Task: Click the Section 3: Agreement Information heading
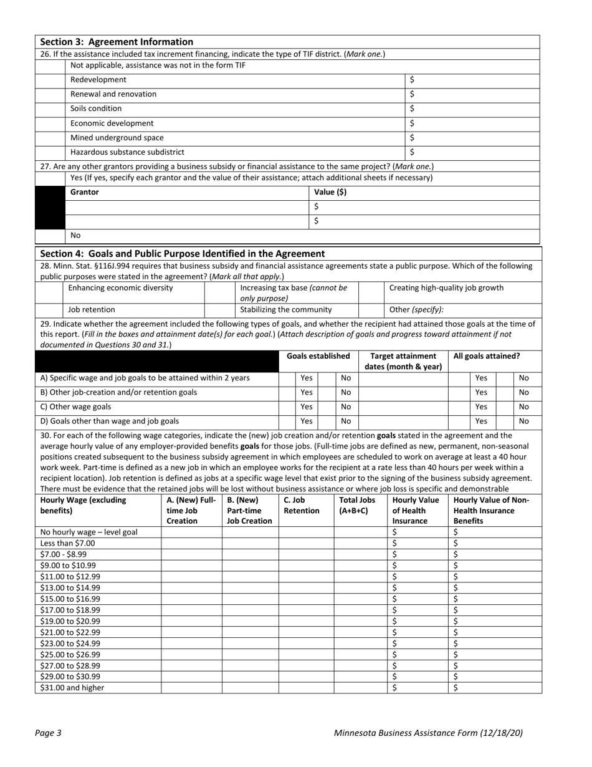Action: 117,42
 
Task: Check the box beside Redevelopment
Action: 50,80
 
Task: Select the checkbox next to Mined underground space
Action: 50,138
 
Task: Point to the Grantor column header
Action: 85,193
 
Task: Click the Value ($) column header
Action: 330,193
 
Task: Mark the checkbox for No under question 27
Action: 50,236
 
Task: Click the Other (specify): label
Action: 416,309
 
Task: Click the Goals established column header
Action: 318,356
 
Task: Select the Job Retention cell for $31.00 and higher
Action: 305,688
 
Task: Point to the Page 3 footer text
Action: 49,733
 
